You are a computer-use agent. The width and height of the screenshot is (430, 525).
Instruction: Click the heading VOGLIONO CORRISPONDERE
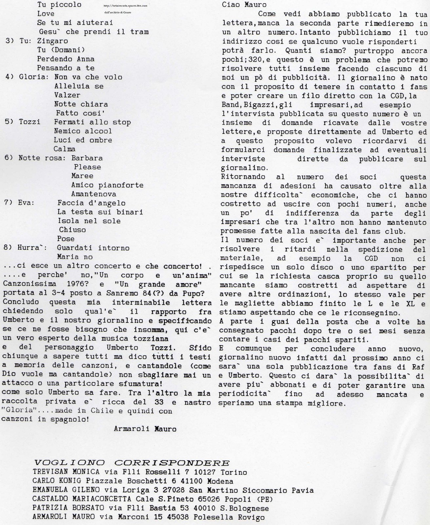coord(132,463)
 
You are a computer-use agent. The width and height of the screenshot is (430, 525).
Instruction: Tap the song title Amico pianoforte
coord(107,185)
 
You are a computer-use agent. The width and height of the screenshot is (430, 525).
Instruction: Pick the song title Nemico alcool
coord(83,131)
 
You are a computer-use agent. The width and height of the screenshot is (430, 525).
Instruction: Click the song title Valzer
coord(67,95)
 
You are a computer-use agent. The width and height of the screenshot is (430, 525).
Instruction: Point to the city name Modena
coord(220,481)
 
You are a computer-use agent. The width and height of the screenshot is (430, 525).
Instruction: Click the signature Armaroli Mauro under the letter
coord(145,429)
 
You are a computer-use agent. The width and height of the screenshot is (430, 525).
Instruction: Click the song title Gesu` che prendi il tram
coord(93,32)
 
